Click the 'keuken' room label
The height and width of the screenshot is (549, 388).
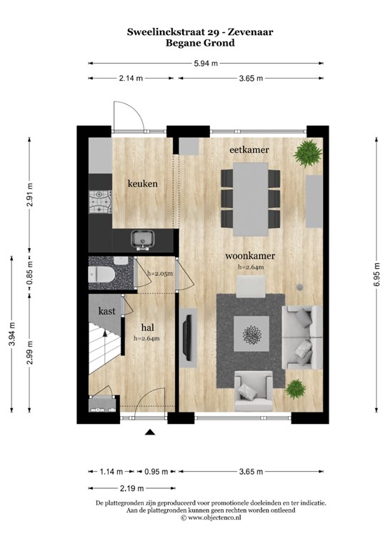(142, 184)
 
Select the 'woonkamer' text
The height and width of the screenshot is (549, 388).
(250, 255)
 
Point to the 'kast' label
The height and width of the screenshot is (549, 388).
(108, 311)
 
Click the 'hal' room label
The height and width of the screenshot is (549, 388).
(149, 328)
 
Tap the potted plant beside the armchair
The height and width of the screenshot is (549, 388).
(294, 388)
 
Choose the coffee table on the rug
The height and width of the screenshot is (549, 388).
(252, 335)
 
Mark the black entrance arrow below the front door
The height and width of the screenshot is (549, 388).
(150, 432)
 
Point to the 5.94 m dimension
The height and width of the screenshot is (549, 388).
(206, 63)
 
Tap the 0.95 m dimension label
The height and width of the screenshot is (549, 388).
(156, 472)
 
